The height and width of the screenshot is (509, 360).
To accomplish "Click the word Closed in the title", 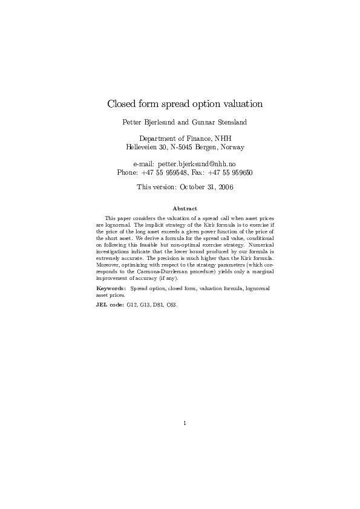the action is [x=122, y=104].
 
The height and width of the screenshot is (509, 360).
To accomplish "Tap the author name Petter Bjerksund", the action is [x=146, y=123].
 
